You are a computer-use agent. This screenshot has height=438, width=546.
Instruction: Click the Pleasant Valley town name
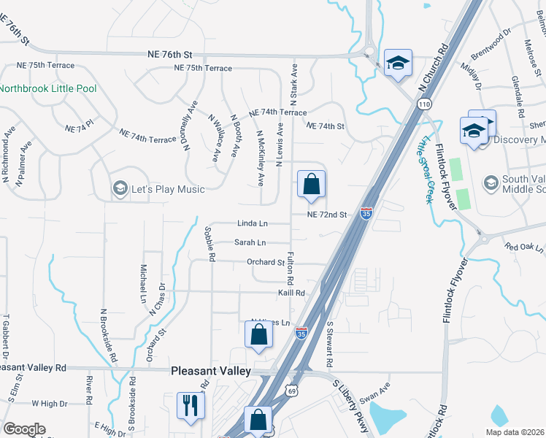click(x=210, y=371)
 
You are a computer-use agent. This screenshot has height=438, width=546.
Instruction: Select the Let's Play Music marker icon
click(x=119, y=189)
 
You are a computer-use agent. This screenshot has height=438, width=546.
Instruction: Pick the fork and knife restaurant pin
click(x=191, y=405)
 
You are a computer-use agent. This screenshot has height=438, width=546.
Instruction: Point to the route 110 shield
click(x=425, y=105)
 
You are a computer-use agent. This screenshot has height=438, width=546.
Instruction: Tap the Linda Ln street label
click(x=253, y=223)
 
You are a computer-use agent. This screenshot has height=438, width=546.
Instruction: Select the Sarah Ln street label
click(x=250, y=242)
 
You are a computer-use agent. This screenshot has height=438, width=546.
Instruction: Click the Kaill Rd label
click(x=290, y=293)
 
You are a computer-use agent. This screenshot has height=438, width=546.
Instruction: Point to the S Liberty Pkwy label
click(x=351, y=405)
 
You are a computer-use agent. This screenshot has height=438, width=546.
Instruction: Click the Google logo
click(x=24, y=429)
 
